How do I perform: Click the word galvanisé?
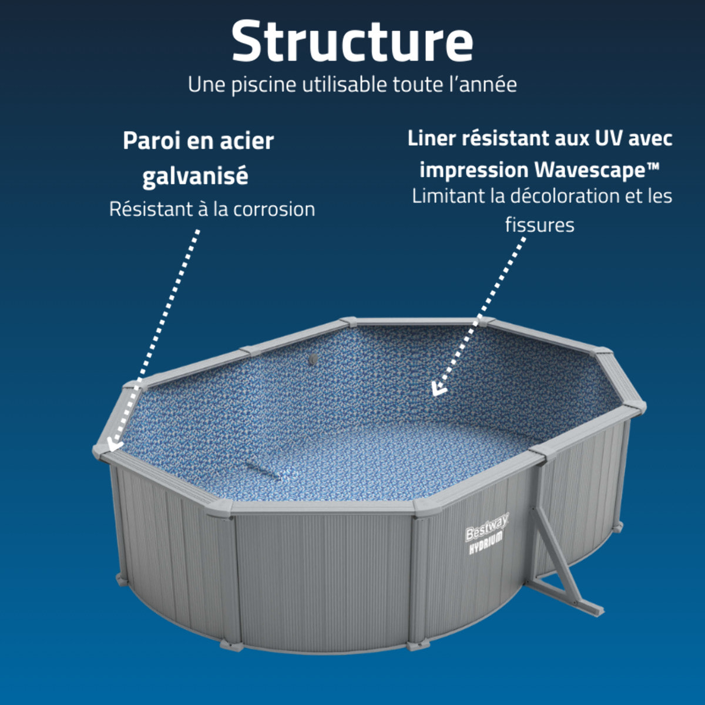pos(195,176)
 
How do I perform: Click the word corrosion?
pos(274,209)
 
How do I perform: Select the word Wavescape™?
pos(597,170)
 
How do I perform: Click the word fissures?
pos(539,224)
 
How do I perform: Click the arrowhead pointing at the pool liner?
pos(438,388)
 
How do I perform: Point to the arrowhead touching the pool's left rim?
pos(114,442)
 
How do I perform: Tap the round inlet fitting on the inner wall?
pos(314,359)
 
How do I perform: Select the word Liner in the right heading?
pos(431,139)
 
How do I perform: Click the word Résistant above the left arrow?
pos(150,209)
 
